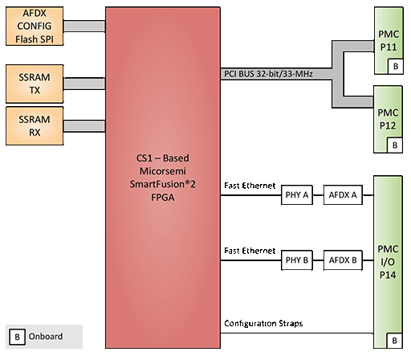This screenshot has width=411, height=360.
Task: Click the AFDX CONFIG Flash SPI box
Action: point(35,27)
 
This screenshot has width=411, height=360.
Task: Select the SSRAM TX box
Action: point(35,84)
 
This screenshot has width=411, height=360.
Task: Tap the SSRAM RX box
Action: point(35,126)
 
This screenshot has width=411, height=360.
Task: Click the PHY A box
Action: point(297,195)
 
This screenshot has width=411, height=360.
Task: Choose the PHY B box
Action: point(297,260)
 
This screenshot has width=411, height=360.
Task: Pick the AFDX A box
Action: point(343,195)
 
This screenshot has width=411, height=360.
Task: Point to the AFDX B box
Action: point(343,260)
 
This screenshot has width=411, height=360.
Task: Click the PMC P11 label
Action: point(389,41)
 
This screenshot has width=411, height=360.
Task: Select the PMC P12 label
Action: point(388,119)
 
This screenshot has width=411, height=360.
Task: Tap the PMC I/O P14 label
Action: point(388,262)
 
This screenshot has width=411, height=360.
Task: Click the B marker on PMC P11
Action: point(396,66)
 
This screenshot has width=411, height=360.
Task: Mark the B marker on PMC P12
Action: point(395,145)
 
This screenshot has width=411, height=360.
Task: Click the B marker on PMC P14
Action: point(394,341)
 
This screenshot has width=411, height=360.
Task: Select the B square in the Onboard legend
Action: point(17,337)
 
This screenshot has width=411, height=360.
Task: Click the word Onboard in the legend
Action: point(46,337)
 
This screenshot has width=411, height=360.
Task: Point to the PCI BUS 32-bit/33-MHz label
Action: point(268,74)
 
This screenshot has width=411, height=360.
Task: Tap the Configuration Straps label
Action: point(263,323)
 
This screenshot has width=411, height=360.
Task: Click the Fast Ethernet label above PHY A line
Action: point(250,186)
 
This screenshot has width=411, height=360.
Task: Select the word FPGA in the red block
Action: point(163,198)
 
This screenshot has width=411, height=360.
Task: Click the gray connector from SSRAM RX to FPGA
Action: point(84,126)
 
